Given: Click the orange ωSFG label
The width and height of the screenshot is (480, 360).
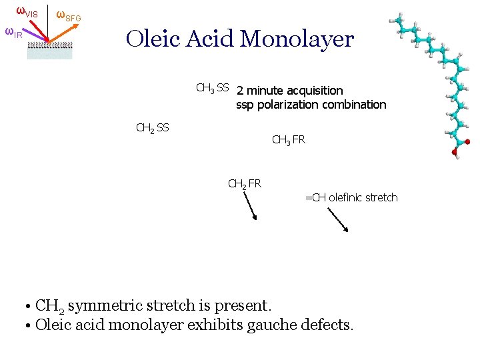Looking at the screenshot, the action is tap(68, 15).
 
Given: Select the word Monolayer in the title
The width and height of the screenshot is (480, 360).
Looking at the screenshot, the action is tap(297, 39).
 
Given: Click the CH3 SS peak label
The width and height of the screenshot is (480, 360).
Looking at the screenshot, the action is tap(212, 88).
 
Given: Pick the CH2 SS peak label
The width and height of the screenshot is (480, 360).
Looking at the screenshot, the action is tap(152, 127).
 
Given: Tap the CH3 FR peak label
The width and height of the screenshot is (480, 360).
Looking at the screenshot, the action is tap(289, 140).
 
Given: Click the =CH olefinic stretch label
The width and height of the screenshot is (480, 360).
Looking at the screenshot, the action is tap(351, 197).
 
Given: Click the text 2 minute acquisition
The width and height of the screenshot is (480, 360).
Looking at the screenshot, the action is tap(289, 91).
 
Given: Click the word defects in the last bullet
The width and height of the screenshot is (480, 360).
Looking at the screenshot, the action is tap(328, 325).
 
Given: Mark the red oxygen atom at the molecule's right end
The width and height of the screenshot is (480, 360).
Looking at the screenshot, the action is tap(466, 142).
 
